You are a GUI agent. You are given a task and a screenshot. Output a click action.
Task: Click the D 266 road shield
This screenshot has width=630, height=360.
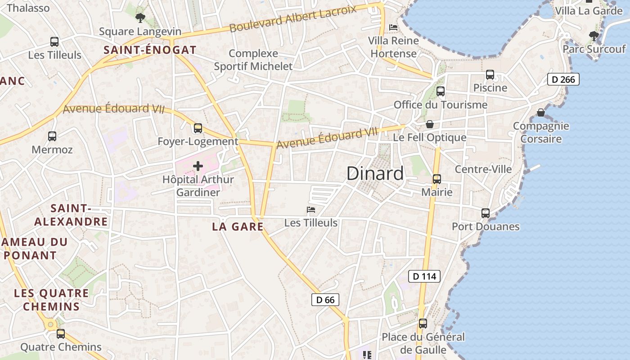tap(563, 80)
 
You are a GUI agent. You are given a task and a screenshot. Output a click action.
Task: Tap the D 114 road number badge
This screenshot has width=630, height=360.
tap(424, 276)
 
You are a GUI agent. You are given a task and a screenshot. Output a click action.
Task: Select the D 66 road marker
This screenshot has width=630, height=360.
tap(325, 300)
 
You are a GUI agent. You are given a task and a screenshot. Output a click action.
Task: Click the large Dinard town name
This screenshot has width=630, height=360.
tap(375, 174)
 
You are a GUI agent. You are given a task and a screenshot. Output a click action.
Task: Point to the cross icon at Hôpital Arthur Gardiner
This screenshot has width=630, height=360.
tap(198, 166)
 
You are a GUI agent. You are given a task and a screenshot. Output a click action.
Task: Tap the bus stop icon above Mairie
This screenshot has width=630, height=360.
tap(436, 179)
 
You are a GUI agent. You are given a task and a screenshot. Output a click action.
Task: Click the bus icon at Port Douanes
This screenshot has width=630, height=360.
tap(485, 213)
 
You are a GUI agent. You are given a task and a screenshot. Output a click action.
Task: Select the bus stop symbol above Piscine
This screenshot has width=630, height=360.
tap(490, 75)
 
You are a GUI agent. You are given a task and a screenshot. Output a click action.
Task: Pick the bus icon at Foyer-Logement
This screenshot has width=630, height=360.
tap(198, 128)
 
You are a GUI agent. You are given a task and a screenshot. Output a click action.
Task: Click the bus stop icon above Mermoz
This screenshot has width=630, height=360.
tap(52, 136)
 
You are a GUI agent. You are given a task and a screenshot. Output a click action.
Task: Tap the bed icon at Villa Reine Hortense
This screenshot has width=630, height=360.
tap(393, 27)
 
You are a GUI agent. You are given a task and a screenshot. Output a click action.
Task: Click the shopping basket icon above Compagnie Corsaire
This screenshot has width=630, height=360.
tap(541, 112)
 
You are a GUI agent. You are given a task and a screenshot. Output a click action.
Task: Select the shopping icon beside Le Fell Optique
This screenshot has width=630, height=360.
tap(430, 124)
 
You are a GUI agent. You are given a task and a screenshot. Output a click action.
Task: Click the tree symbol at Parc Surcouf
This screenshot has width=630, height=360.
tap(594, 36)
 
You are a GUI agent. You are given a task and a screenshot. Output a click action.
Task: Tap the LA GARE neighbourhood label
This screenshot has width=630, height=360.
tap(238, 227)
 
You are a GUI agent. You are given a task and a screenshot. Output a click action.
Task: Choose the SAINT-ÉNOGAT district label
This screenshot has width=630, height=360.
tap(150, 50)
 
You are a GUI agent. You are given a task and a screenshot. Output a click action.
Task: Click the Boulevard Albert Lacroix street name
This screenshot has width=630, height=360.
tap(292, 18)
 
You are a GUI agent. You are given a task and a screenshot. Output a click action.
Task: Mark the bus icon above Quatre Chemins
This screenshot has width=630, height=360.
tap(61, 334)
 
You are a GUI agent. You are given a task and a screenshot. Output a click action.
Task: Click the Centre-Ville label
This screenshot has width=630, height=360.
tap(483, 169)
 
